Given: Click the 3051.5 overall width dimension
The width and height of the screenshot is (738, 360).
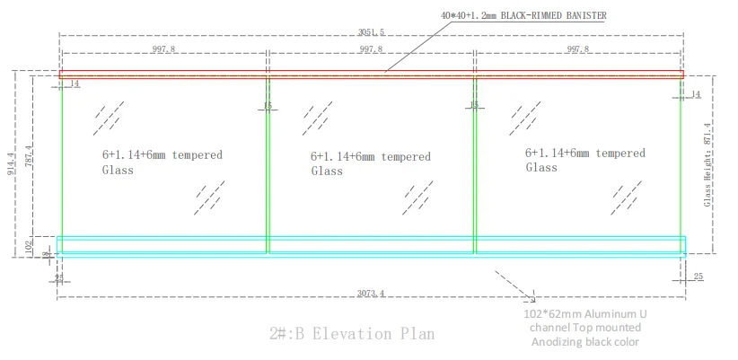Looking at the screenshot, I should (x=370, y=32).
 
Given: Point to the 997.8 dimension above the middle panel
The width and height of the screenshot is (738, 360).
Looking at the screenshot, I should (x=370, y=50).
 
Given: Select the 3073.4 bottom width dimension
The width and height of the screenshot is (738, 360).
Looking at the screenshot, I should (x=370, y=293).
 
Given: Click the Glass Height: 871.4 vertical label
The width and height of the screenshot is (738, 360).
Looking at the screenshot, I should (x=707, y=164).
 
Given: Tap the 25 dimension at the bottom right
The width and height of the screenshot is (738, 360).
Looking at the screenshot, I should (x=698, y=277).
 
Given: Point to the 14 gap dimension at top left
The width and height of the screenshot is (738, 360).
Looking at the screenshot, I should (x=74, y=83).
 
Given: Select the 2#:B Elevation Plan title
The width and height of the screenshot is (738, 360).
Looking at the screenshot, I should (x=352, y=334).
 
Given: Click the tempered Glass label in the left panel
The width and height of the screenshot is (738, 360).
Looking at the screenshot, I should (x=162, y=162).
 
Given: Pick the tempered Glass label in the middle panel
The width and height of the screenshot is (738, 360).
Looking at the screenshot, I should (x=370, y=163).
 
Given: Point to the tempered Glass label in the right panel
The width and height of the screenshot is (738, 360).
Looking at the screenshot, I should (x=584, y=160).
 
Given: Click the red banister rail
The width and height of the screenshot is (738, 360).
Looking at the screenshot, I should (x=370, y=75).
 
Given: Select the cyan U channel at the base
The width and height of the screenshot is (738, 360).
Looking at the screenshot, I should (x=370, y=244).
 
